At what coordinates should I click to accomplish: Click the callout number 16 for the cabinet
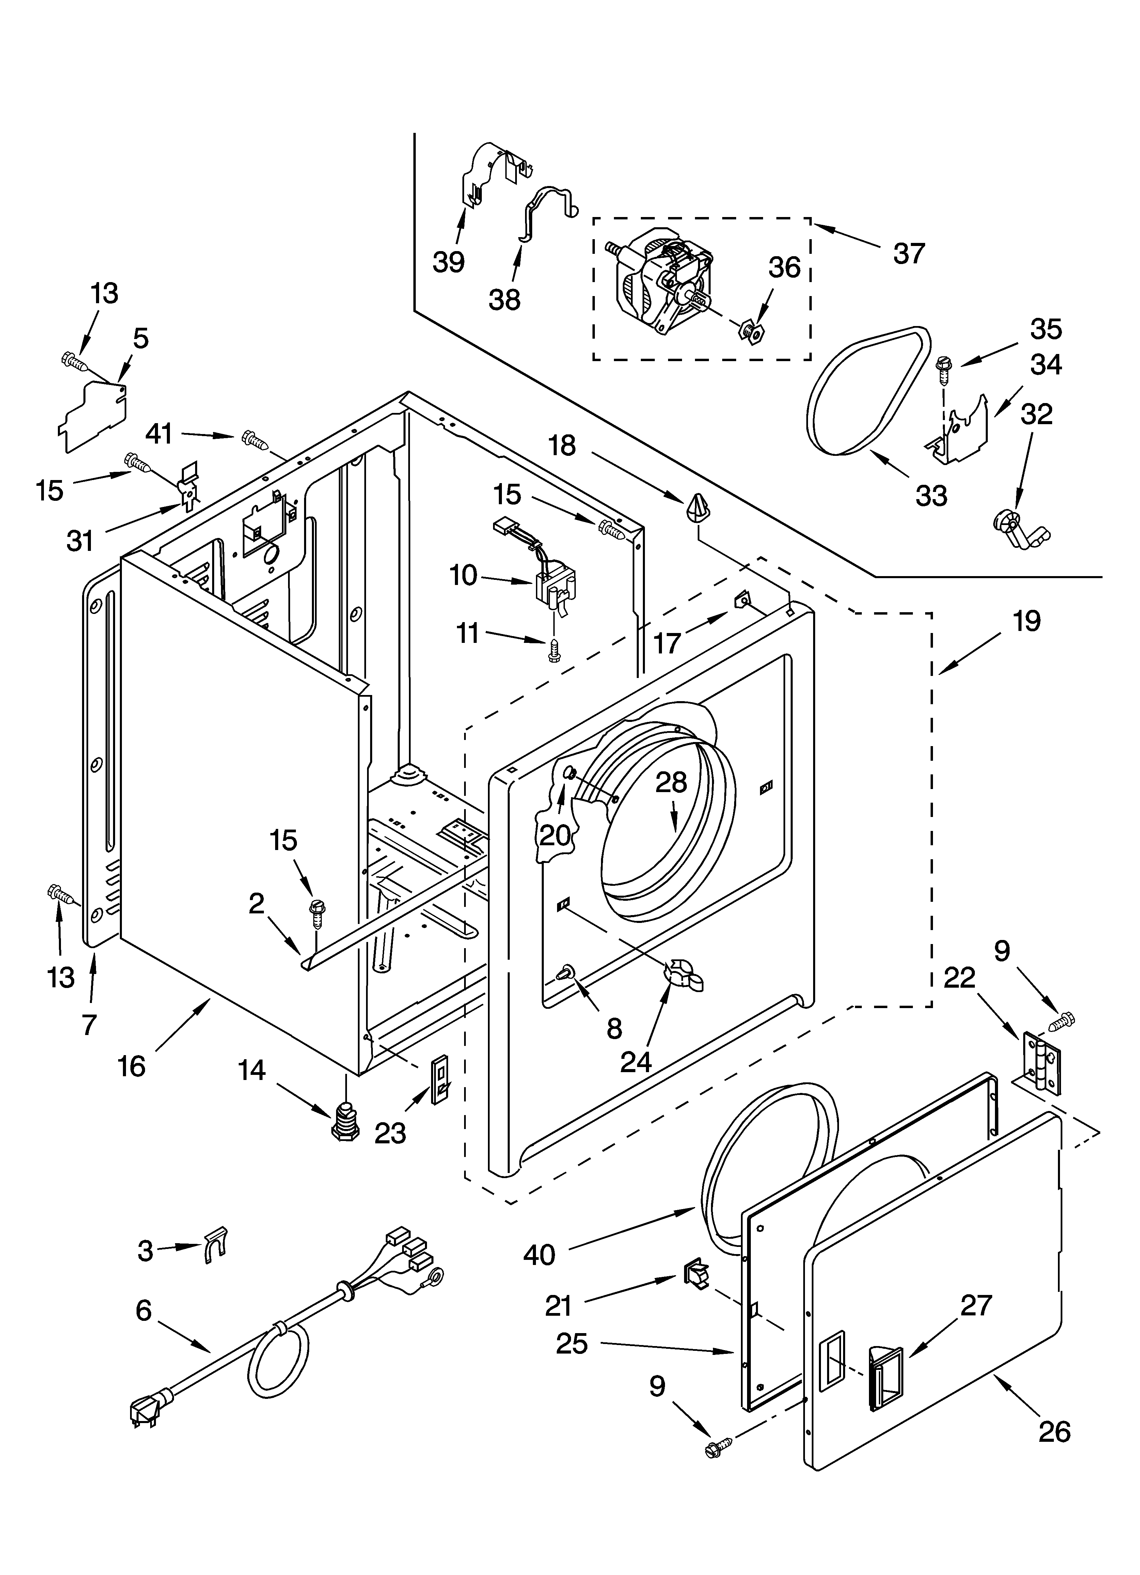coord(131,1066)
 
